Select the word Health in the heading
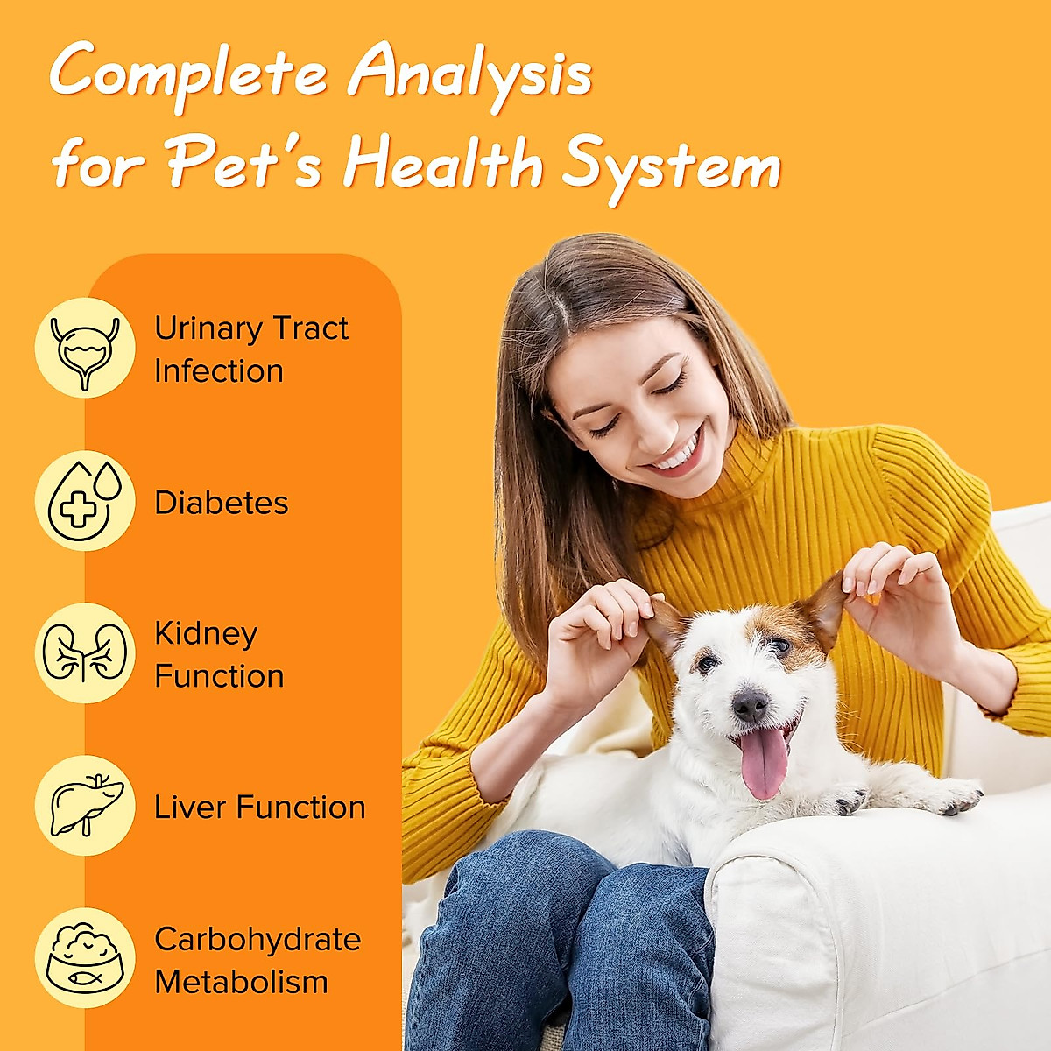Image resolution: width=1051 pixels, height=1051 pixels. click(x=443, y=164)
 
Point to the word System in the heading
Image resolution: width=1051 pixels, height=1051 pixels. click(x=670, y=166)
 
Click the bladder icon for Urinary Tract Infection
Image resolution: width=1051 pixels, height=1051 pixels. click(x=85, y=348)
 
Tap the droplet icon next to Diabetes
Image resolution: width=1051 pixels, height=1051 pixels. click(x=85, y=501)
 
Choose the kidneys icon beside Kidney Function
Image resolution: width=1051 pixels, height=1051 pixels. click(x=85, y=653)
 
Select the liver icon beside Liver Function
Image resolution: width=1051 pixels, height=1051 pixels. click(x=85, y=806)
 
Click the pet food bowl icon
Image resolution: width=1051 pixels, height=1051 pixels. click(x=85, y=958)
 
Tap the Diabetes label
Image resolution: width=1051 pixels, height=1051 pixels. click(x=221, y=503)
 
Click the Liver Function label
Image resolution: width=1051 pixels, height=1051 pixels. click(x=259, y=808)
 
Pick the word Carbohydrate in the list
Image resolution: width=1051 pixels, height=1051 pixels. click(x=257, y=939)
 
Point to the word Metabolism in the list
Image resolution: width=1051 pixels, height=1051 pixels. click(x=241, y=982)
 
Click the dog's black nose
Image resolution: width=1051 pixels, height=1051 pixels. click(x=750, y=705)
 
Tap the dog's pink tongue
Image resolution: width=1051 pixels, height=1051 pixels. click(x=764, y=762)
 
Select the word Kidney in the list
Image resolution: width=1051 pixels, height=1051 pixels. click(x=206, y=634)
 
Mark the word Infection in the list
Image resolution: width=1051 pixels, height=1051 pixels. click(x=218, y=371)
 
